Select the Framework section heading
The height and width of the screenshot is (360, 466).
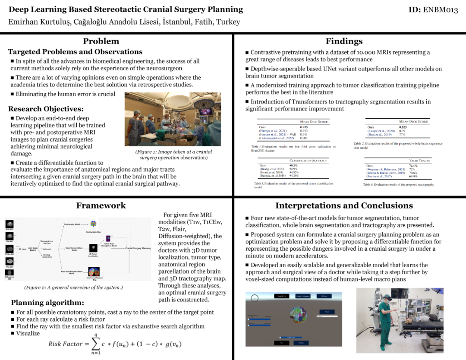101,205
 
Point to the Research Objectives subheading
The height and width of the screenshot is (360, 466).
46,109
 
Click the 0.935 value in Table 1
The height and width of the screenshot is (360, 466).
304,128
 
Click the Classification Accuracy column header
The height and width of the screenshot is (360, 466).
309,160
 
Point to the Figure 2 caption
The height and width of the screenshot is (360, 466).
73,287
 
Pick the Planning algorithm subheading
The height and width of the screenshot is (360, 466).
47,303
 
